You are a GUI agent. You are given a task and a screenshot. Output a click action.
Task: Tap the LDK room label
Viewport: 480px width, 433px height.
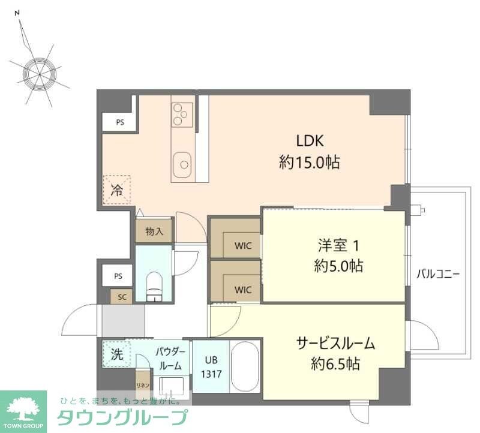[310, 141]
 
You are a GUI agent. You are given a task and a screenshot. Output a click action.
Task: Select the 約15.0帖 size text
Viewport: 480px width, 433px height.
[310, 162]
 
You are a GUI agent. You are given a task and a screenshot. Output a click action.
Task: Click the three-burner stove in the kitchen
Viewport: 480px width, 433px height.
[182, 114]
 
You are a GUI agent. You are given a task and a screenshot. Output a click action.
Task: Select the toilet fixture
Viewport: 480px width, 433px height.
[155, 284]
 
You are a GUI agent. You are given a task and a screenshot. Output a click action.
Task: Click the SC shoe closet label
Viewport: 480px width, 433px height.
[122, 297]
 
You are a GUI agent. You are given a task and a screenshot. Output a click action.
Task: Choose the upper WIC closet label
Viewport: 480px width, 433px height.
[243, 245]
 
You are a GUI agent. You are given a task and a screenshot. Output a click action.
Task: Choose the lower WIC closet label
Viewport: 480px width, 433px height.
[243, 290]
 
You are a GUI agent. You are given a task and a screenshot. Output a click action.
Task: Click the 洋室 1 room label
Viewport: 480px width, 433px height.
[339, 245]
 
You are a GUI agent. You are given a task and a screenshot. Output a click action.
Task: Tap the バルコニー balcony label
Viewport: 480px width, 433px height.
[439, 275]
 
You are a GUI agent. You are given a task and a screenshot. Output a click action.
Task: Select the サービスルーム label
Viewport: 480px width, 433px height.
[335, 343]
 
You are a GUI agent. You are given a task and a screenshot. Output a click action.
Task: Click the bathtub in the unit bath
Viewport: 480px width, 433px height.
[244, 366]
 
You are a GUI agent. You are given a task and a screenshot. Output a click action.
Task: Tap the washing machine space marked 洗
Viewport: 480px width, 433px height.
[116, 354]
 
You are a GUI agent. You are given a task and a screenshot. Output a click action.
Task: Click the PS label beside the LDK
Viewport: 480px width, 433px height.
[120, 122]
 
